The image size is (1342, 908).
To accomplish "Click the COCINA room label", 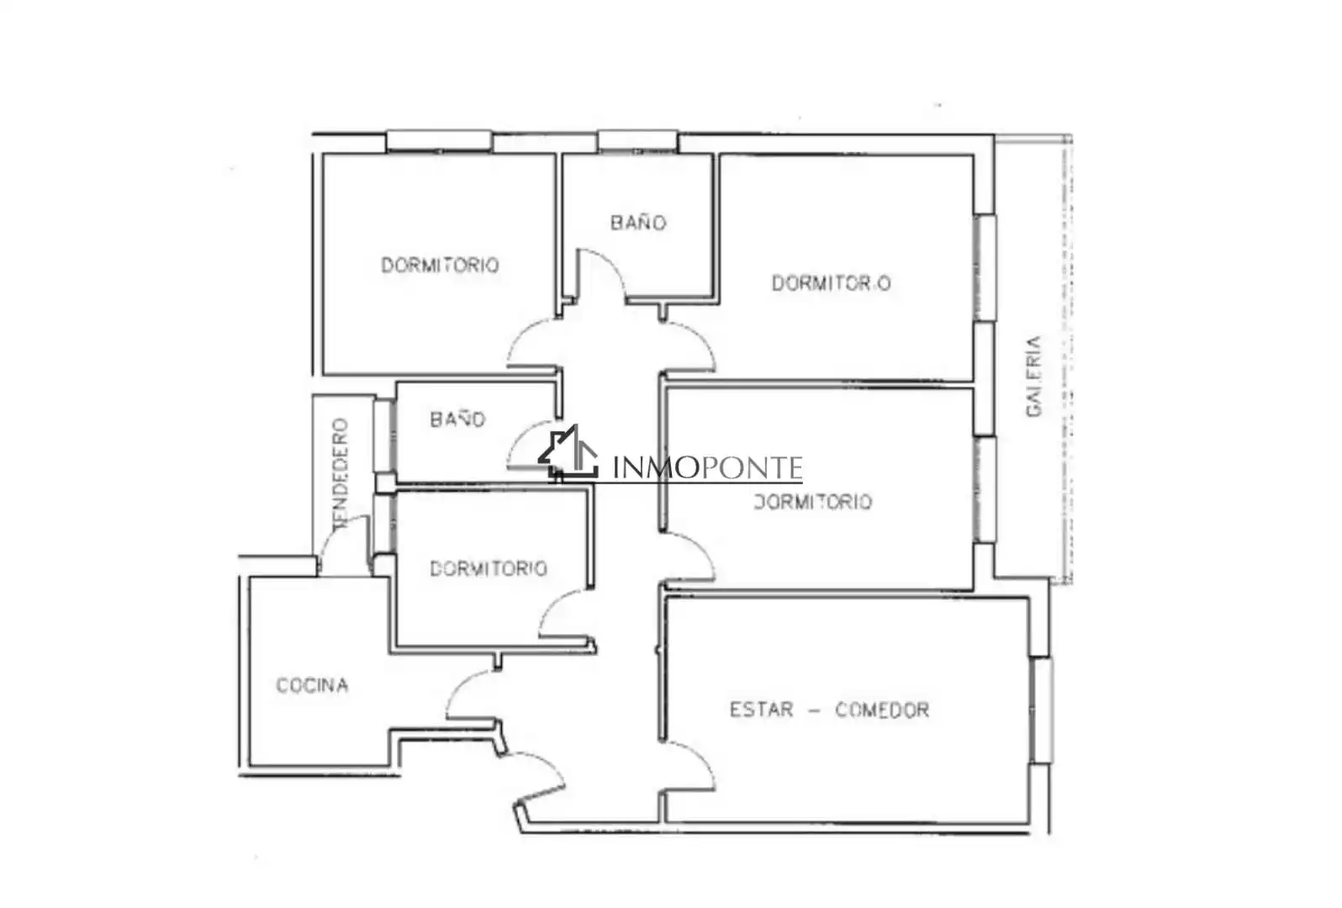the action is [312, 685].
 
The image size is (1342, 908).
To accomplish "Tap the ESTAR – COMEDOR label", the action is [829, 710].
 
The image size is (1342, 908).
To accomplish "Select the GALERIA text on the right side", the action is [1034, 377].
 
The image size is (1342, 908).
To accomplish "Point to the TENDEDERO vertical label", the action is [340, 473].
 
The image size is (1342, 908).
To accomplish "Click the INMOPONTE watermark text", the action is [707, 467].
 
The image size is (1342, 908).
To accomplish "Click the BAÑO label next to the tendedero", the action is [457, 420].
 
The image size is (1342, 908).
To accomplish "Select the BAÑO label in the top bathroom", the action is [638, 223].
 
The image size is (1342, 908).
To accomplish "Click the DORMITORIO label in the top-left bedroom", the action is [441, 266].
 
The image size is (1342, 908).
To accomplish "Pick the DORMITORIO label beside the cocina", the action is [489, 568].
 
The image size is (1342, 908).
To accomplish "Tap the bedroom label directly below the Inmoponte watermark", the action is [812, 502].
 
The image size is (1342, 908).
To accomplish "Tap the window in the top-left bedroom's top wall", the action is [439, 141].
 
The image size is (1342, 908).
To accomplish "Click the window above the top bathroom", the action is [638, 141].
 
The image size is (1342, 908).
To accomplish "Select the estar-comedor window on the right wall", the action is [1043, 710].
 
